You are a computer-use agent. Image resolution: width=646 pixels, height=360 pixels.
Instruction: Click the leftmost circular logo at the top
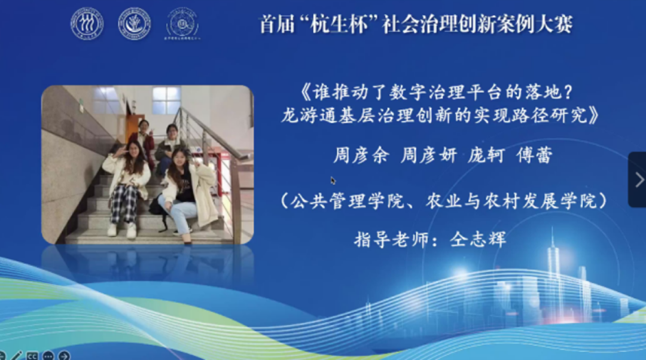(x=87, y=24)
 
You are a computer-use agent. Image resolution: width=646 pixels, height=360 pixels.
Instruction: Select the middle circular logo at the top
(x=135, y=24)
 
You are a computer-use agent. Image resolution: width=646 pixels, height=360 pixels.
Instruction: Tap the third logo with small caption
(x=182, y=24)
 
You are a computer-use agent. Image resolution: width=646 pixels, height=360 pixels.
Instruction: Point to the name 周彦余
(x=361, y=155)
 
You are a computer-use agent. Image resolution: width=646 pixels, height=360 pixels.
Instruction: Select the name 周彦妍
(x=428, y=155)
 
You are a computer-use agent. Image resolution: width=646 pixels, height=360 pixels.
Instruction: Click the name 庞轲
(x=486, y=155)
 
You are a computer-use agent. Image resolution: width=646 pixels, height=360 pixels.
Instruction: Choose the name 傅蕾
(x=534, y=155)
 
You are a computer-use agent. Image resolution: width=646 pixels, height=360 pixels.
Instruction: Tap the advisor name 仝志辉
(x=478, y=239)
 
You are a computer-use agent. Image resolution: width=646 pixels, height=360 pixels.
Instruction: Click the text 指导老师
(x=391, y=239)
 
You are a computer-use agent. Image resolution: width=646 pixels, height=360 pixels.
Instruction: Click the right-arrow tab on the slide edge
(x=638, y=179)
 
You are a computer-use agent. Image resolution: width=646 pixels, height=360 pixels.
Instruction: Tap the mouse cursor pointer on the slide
(x=333, y=181)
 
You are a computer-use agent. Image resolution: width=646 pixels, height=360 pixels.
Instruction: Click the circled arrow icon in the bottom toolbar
(x=64, y=355)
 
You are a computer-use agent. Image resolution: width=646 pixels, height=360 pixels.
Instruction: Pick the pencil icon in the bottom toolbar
(x=17, y=355)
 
